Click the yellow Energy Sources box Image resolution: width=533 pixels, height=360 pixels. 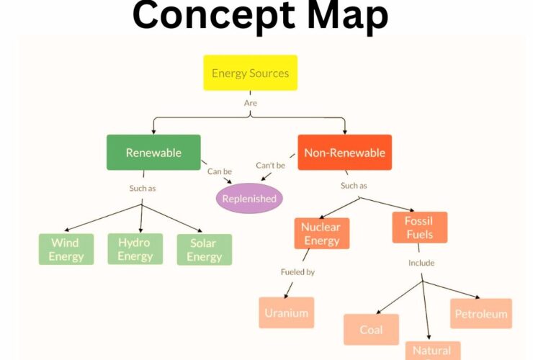pyautogui.click(x=250, y=73)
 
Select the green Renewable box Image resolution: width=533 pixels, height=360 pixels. pyautogui.click(x=153, y=153)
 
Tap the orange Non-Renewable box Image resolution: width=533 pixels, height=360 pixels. pyautogui.click(x=344, y=153)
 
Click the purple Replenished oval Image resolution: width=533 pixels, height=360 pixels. pyautogui.click(x=248, y=198)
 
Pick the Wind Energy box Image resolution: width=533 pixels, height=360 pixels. pyautogui.click(x=66, y=249)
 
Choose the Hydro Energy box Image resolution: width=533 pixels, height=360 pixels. pyautogui.click(x=135, y=249)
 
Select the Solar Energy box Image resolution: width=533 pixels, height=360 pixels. pyautogui.click(x=205, y=250)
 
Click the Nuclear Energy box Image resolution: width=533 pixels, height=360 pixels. pyautogui.click(x=321, y=233)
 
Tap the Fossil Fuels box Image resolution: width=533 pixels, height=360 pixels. pyautogui.click(x=419, y=228)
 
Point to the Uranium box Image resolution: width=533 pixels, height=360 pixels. pyautogui.click(x=286, y=312)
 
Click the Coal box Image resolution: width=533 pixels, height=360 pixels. pyautogui.click(x=371, y=330)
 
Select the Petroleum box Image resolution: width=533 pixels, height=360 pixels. pyautogui.click(x=480, y=313)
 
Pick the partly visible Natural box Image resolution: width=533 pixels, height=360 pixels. pyautogui.click(x=431, y=350)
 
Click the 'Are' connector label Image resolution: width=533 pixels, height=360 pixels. pyautogui.click(x=250, y=103)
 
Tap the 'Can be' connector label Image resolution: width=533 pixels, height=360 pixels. pyautogui.click(x=220, y=171)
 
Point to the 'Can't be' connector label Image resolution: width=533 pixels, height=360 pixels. pyautogui.click(x=271, y=166)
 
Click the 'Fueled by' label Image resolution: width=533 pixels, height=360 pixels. pyautogui.click(x=297, y=272)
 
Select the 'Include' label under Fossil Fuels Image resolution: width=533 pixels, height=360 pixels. pyautogui.click(x=421, y=263)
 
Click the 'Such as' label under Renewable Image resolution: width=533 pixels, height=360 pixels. pyautogui.click(x=142, y=188)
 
